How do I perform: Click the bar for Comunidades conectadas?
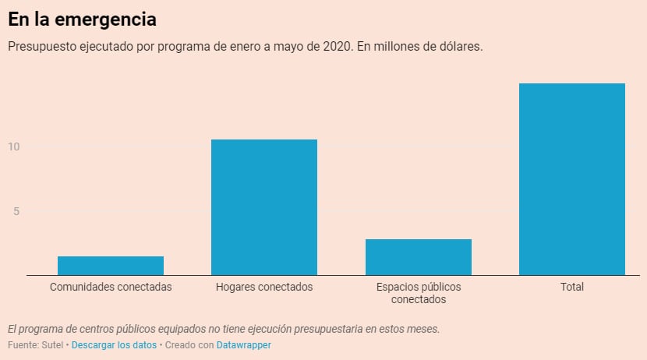(111, 266)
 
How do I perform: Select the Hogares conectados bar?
(264, 207)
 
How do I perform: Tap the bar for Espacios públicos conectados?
(419, 257)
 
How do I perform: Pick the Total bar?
(572, 179)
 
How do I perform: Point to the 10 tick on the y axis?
(13, 146)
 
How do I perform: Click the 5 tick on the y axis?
(15, 211)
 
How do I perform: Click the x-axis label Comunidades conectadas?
(111, 287)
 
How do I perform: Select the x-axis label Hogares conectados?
(264, 287)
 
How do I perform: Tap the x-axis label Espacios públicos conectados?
(419, 293)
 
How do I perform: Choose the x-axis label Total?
(572, 287)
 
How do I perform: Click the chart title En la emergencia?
(82, 19)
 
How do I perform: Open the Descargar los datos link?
(115, 344)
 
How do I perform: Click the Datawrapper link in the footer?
(244, 344)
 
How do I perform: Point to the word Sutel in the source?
(54, 344)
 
